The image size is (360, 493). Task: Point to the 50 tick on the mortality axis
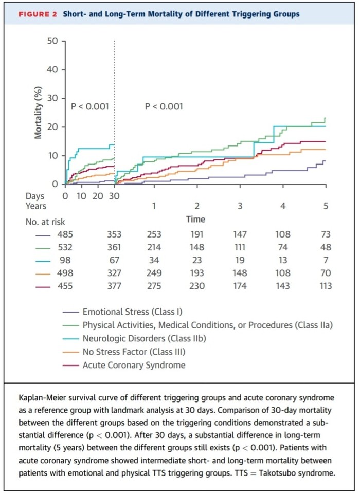[53, 41]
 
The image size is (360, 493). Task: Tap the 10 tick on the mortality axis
[53, 155]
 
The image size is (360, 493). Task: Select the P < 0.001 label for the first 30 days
[89, 107]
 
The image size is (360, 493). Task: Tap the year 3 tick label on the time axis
[240, 206]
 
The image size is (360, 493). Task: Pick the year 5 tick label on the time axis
[326, 206]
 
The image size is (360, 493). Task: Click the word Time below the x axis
[195, 219]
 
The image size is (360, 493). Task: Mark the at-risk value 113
[325, 286]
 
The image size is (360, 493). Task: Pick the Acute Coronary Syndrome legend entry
[134, 365]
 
